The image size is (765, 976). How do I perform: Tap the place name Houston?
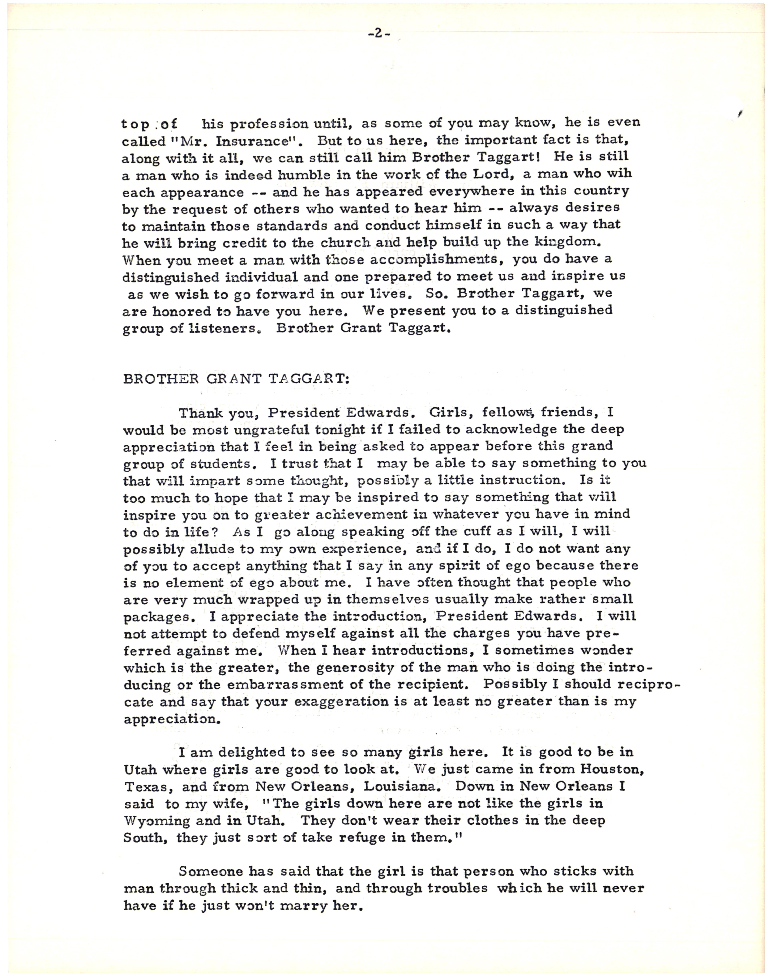pyautogui.click(x=612, y=770)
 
